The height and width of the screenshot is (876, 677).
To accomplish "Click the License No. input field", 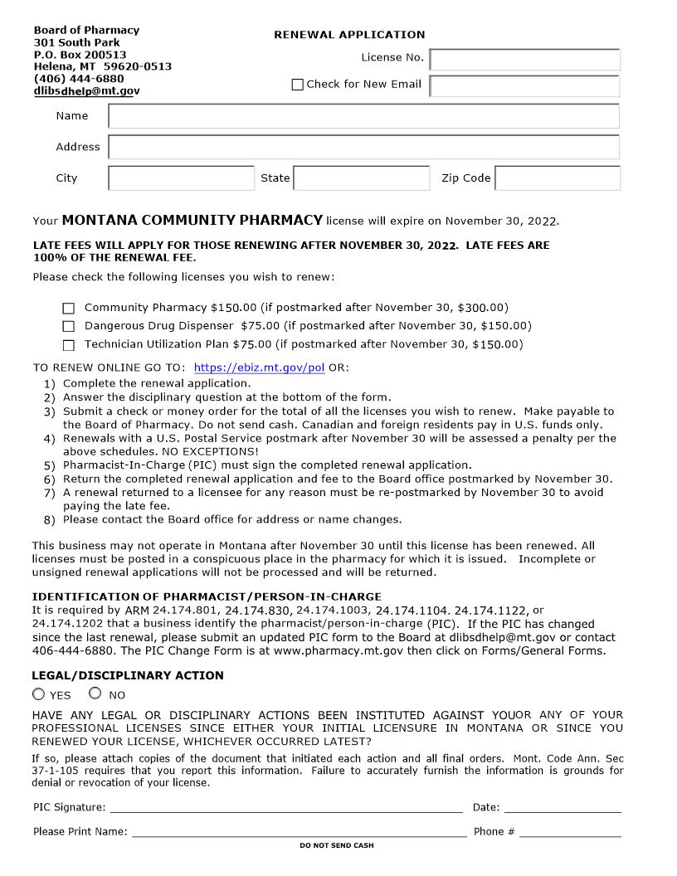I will [524, 60].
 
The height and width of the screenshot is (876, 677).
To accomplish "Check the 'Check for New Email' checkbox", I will [298, 85].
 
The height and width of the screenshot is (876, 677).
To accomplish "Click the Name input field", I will [363, 116].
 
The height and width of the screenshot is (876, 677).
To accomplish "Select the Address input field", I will [363, 147].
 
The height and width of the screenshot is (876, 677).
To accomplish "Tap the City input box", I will [181, 178].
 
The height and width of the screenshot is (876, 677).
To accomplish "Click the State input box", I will [361, 178].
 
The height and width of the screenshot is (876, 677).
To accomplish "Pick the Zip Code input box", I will [557, 178].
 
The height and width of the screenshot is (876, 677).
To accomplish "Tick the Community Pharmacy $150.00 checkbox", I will [69, 308].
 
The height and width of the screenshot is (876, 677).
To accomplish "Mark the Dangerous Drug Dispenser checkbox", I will [69, 326].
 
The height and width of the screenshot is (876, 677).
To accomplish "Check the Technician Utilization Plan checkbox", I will [69, 345].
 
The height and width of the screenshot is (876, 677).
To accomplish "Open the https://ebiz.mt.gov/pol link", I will [259, 367].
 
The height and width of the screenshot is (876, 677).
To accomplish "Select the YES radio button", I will [39, 694].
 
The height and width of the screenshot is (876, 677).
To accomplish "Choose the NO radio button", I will [95, 693].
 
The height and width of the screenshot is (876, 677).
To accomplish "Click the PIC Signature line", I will [286, 807].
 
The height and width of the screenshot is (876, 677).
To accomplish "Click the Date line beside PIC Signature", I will [563, 807].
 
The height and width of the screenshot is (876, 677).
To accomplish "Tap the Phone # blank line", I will [570, 831].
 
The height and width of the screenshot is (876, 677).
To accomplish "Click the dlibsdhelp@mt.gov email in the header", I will [86, 91].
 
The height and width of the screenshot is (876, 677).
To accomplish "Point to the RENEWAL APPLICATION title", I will [349, 35].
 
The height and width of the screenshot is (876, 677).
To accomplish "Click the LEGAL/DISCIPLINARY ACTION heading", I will [128, 675].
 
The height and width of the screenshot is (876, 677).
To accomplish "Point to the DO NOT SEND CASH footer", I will [337, 845].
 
